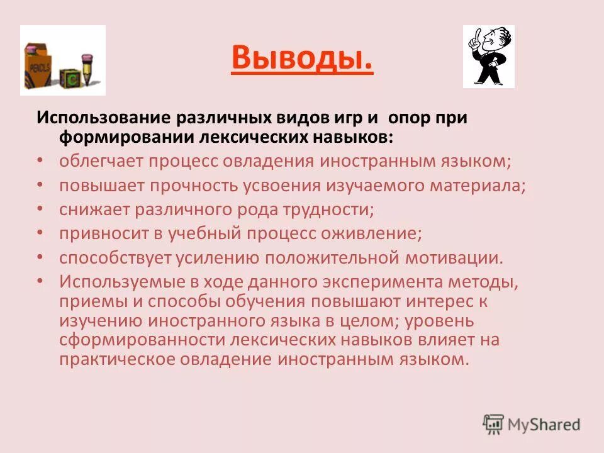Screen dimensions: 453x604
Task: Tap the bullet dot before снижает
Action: coord(40,208)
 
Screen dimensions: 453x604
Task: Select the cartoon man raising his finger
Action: coord(488,57)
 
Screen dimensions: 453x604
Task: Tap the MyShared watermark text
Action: coord(542,424)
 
